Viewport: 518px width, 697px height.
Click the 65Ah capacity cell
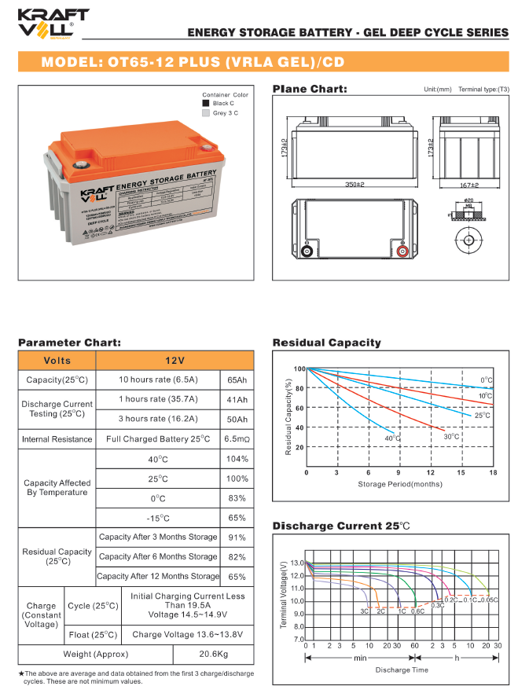pos(237,380)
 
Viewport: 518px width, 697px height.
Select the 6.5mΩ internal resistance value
pos(237,438)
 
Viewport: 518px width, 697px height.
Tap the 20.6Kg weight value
pos(212,654)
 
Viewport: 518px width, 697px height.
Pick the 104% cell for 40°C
pos(237,459)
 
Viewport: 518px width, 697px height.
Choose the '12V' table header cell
pos(175,360)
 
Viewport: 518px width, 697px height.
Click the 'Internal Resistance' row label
pos(57,438)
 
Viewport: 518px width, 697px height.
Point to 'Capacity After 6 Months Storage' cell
pos(158,556)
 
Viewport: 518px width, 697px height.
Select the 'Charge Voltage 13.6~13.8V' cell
pos(188,634)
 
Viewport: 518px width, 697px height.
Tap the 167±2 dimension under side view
pos(468,185)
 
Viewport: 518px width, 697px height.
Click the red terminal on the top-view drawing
pos(402,252)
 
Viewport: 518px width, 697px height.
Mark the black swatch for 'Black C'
pos(206,103)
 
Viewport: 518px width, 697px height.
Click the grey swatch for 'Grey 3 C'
pos(206,113)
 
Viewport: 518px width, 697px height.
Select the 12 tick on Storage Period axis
pos(431,473)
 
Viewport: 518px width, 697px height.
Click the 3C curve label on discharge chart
pos(365,611)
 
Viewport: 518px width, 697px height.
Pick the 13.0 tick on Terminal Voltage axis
pos(296,563)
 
